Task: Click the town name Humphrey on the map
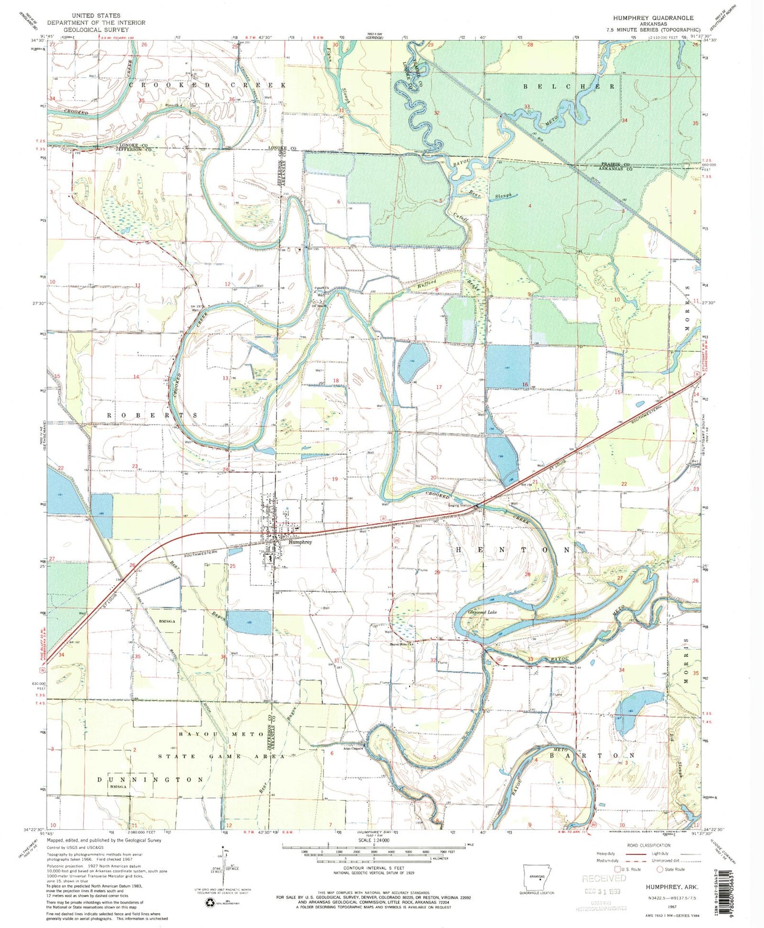pyautogui.click(x=300, y=542)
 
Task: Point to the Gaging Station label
pyautogui.click(x=459, y=506)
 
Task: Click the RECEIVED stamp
pyautogui.click(x=604, y=879)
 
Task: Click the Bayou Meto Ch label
pyautogui.click(x=401, y=644)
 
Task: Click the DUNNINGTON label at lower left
pyautogui.click(x=151, y=779)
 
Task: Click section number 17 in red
pyautogui.click(x=438, y=388)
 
